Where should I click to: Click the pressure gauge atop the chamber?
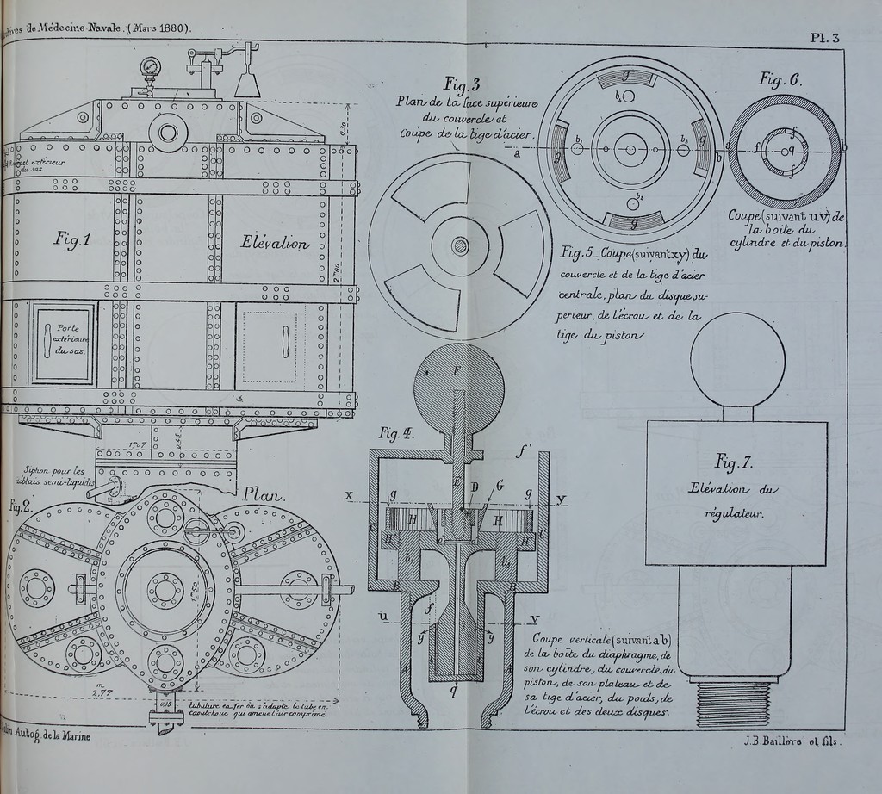152,67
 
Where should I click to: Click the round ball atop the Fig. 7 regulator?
738,359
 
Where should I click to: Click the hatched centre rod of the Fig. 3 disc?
461,247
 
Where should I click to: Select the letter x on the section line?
350,496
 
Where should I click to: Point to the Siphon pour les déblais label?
58,475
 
